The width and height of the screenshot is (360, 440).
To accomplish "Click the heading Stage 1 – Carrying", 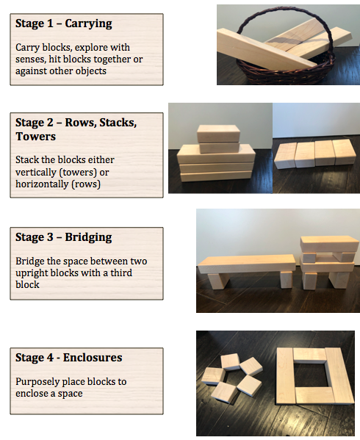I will tap(63, 24).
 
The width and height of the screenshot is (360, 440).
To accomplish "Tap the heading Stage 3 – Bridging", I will tap(64, 237).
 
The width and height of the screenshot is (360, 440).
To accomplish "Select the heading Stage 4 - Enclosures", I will tap(68, 358).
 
